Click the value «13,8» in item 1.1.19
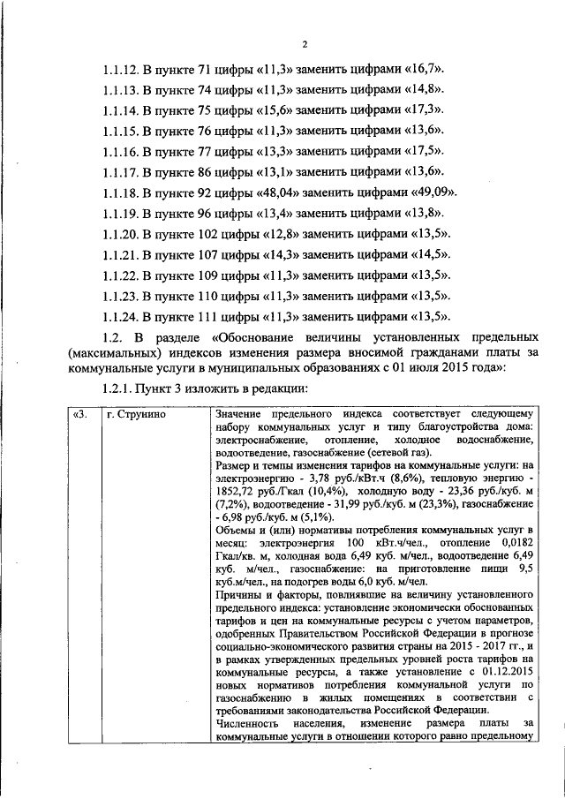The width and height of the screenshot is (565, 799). pyautogui.click(x=421, y=213)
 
